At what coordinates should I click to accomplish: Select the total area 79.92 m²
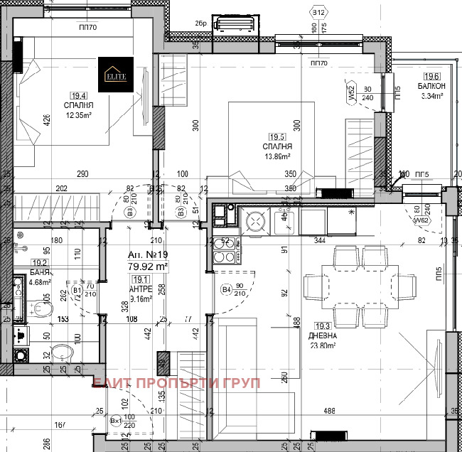tap(147, 267)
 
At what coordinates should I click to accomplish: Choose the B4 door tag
tap(226, 290)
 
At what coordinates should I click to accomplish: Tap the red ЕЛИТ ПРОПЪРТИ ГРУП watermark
tap(177, 382)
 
